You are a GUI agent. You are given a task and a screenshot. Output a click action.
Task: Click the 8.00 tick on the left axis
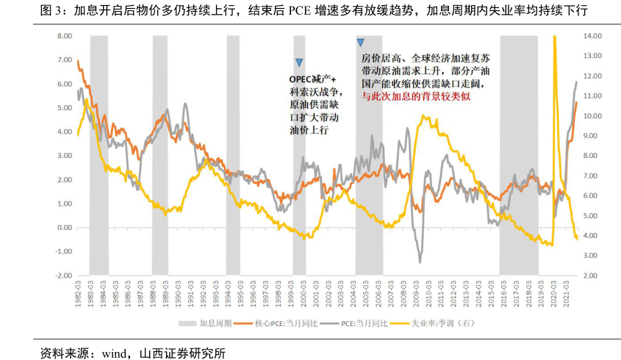coord(63,36)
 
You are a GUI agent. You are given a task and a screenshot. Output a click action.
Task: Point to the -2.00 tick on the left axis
coord(63,276)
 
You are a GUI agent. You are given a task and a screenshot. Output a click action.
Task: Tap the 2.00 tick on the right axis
coord(592,276)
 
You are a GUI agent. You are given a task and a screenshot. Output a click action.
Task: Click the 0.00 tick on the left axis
coord(64,228)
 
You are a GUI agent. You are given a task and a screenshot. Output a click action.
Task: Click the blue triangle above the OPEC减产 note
coord(299,62)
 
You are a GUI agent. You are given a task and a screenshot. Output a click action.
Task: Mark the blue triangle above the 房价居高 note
coord(360,43)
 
